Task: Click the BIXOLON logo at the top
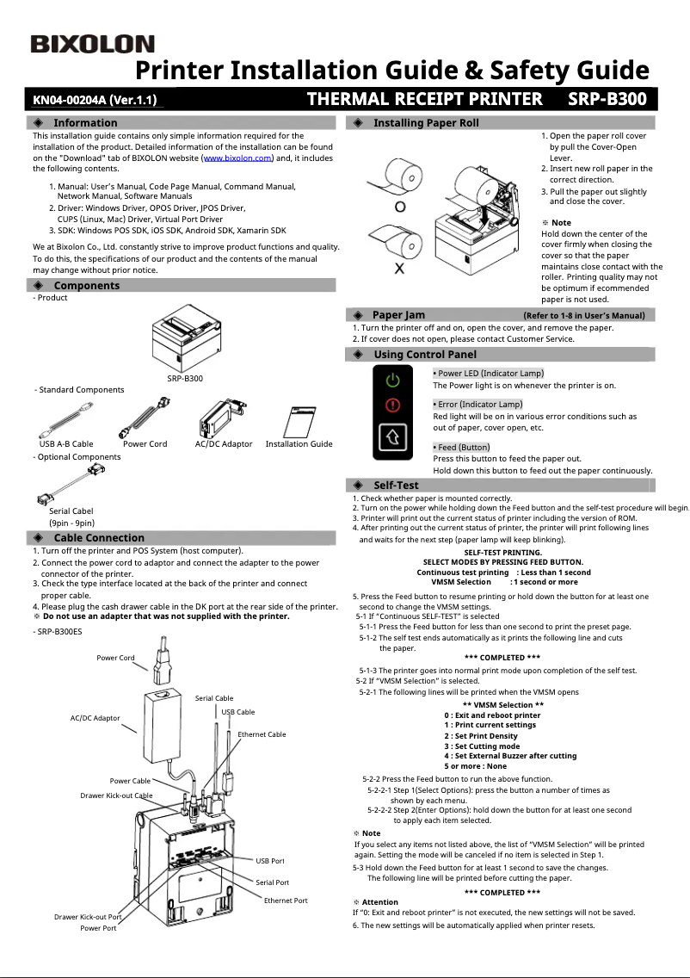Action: (x=93, y=45)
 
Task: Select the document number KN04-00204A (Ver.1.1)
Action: (x=95, y=100)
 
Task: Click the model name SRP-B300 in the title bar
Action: (x=607, y=99)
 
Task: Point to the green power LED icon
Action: (x=392, y=380)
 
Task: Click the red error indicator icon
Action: (x=392, y=405)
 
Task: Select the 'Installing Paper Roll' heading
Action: (x=426, y=123)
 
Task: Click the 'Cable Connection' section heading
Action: (x=99, y=537)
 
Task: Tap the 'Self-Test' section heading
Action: (x=396, y=485)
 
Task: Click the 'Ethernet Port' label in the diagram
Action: (x=286, y=901)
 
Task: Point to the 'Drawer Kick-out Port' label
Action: (x=88, y=917)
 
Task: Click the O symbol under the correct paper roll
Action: (x=400, y=207)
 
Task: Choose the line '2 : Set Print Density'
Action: (x=481, y=736)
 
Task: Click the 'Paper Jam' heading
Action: (x=398, y=315)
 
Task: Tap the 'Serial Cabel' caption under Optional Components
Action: (x=71, y=511)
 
